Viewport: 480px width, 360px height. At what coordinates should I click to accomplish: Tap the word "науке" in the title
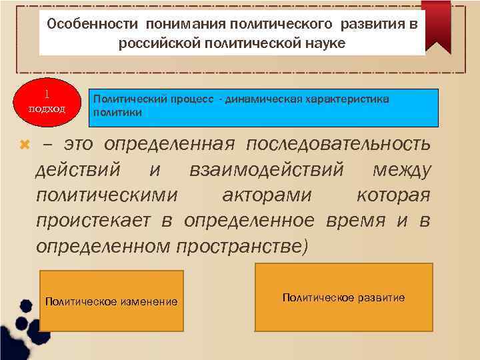(323, 43)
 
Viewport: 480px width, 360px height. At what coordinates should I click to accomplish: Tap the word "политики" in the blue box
(117, 113)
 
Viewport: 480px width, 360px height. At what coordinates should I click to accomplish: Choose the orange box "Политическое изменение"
(112, 301)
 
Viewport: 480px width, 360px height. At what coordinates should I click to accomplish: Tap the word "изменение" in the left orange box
(149, 301)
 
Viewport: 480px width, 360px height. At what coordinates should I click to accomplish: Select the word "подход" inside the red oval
(46, 109)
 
